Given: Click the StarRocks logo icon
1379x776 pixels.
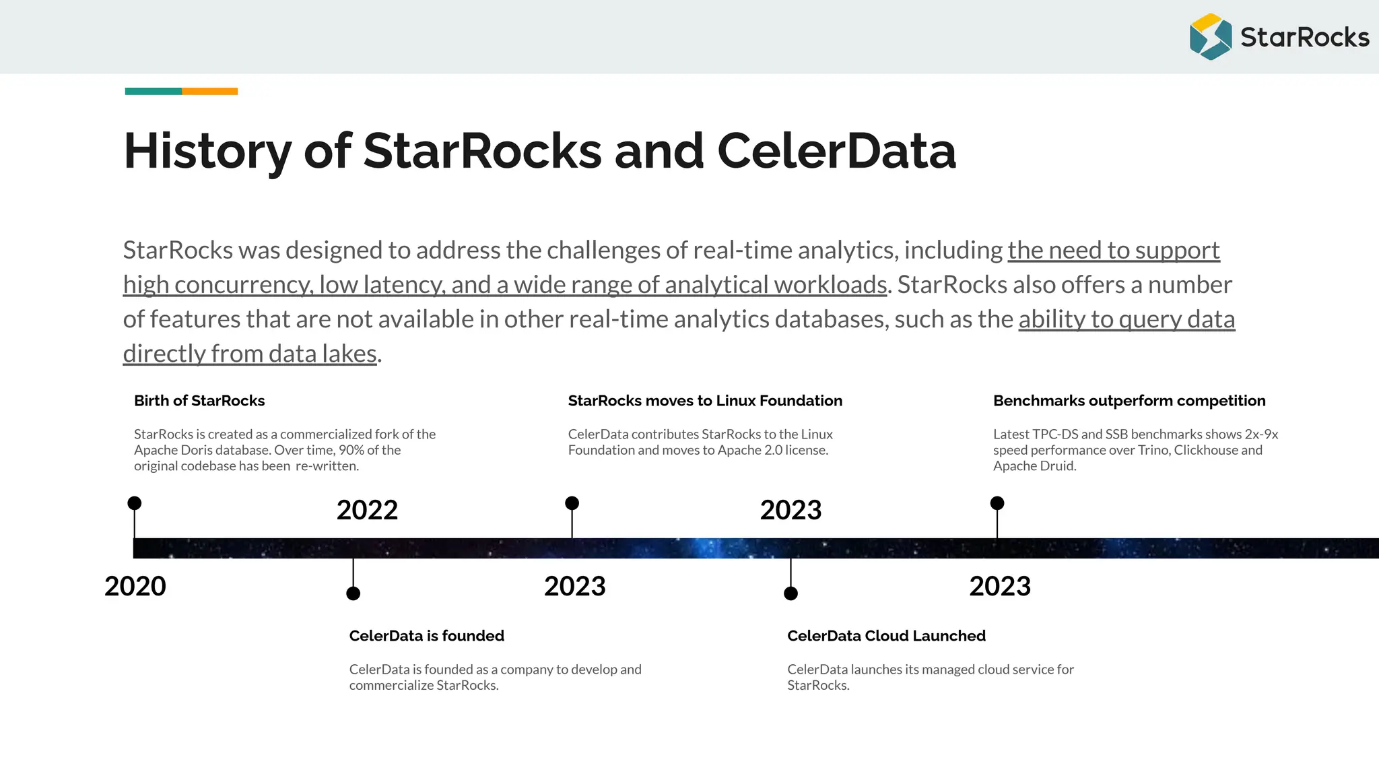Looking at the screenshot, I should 1210,37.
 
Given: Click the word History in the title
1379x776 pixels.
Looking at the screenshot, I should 207,151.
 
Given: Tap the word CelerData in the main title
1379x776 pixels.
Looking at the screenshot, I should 836,151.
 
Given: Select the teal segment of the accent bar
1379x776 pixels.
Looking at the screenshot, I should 153,92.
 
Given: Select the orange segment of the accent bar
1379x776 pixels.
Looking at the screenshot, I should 209,92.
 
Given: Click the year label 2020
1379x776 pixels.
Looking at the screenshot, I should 135,586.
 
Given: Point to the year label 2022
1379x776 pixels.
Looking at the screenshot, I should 367,510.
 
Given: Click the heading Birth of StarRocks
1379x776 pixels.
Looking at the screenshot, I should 199,401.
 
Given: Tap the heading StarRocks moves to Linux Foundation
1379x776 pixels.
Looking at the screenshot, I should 705,401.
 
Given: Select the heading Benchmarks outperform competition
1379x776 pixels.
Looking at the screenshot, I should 1129,401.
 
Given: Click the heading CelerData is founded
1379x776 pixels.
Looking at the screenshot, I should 426,636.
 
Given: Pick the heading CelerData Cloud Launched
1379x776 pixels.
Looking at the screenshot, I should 886,636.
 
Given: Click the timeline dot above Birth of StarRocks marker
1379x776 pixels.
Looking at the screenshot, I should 135,503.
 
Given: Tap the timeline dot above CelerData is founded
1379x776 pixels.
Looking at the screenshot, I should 353,593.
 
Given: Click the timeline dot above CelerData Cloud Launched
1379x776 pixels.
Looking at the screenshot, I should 791,593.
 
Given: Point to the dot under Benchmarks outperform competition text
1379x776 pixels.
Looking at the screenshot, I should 997,503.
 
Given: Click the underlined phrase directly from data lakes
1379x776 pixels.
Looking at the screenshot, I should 250,354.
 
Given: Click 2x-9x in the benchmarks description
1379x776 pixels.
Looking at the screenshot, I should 1261,434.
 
